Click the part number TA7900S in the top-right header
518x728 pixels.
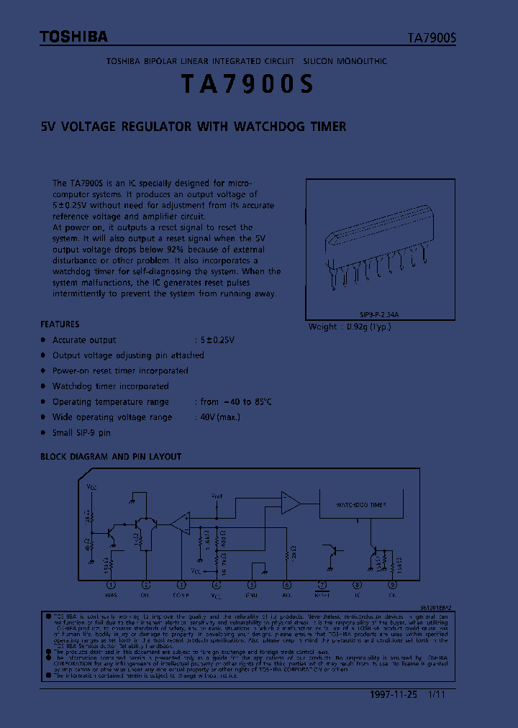427,38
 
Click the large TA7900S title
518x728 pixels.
247,85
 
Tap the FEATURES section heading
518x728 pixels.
60,324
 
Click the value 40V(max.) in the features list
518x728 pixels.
217,417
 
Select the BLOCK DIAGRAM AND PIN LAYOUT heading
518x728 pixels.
111,457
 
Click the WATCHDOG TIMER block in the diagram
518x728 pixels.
360,505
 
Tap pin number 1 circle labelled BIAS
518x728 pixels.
111,586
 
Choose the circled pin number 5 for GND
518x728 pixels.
252,586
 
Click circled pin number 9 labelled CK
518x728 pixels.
392,586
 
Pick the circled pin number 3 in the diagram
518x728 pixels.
181,586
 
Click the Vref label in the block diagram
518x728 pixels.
217,496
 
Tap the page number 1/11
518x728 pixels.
437,694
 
